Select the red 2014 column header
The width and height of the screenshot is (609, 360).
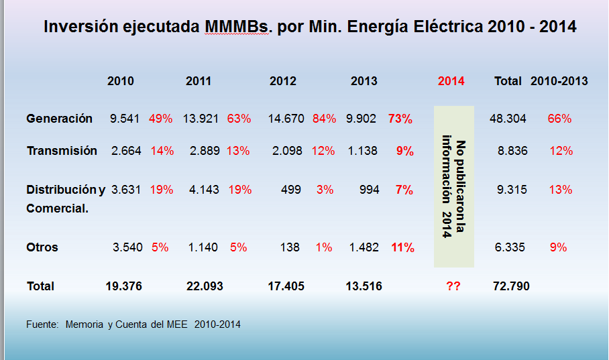pyautogui.click(x=451, y=81)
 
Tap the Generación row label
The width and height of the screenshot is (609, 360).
pyautogui.click(x=59, y=119)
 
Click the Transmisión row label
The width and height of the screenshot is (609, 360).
pyautogui.click(x=62, y=151)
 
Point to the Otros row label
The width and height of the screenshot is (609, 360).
pyautogui.click(x=42, y=247)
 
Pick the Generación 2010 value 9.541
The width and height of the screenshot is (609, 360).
pyautogui.click(x=125, y=119)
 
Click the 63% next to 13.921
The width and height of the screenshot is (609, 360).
pyautogui.click(x=239, y=119)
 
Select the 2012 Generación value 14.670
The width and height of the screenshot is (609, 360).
pyautogui.click(x=287, y=119)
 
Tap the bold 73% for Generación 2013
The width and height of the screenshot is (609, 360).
pyautogui.click(x=400, y=119)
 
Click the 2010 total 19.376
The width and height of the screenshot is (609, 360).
pyautogui.click(x=124, y=286)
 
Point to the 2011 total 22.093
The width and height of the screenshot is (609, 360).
pyautogui.click(x=205, y=286)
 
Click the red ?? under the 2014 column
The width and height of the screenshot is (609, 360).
pyautogui.click(x=453, y=286)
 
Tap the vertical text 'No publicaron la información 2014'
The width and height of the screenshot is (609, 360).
pyautogui.click(x=453, y=188)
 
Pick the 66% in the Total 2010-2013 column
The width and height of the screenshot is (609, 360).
pyautogui.click(x=559, y=119)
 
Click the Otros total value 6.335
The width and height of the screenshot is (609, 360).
pyautogui.click(x=510, y=247)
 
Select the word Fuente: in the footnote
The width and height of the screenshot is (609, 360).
pyautogui.click(x=43, y=324)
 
